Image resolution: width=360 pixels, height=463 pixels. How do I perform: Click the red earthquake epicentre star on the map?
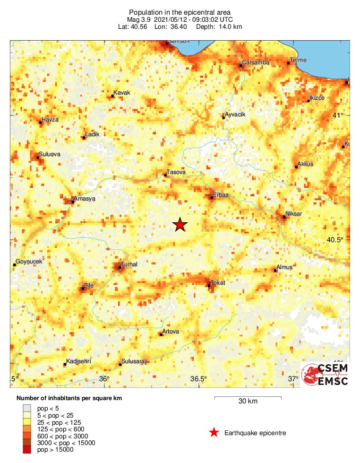[x=180, y=225]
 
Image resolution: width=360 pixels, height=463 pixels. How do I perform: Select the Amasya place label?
[x=85, y=199]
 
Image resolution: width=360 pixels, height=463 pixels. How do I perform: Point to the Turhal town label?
[x=129, y=264]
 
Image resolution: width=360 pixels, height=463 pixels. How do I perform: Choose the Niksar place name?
[x=294, y=214]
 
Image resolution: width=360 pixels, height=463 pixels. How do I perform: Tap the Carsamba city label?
[x=255, y=62]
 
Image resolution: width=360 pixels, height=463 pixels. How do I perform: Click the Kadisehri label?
[x=78, y=361]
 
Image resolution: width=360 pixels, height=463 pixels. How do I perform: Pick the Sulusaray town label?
[x=135, y=361]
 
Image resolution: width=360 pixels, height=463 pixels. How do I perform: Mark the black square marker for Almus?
[x=276, y=271]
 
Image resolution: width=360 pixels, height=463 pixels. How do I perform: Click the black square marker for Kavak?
[x=112, y=96]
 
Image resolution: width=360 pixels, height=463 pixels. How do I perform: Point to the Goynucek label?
[x=29, y=262]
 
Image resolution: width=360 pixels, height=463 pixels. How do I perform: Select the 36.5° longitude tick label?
[x=198, y=379]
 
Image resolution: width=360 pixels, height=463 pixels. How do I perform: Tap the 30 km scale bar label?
[x=248, y=402]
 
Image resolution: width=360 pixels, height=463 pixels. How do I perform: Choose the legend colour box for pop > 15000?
[x=27, y=450]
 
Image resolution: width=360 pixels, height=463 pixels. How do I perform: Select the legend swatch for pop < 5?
[x=27, y=407]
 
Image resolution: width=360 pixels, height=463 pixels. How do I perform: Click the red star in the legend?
[x=214, y=432]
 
